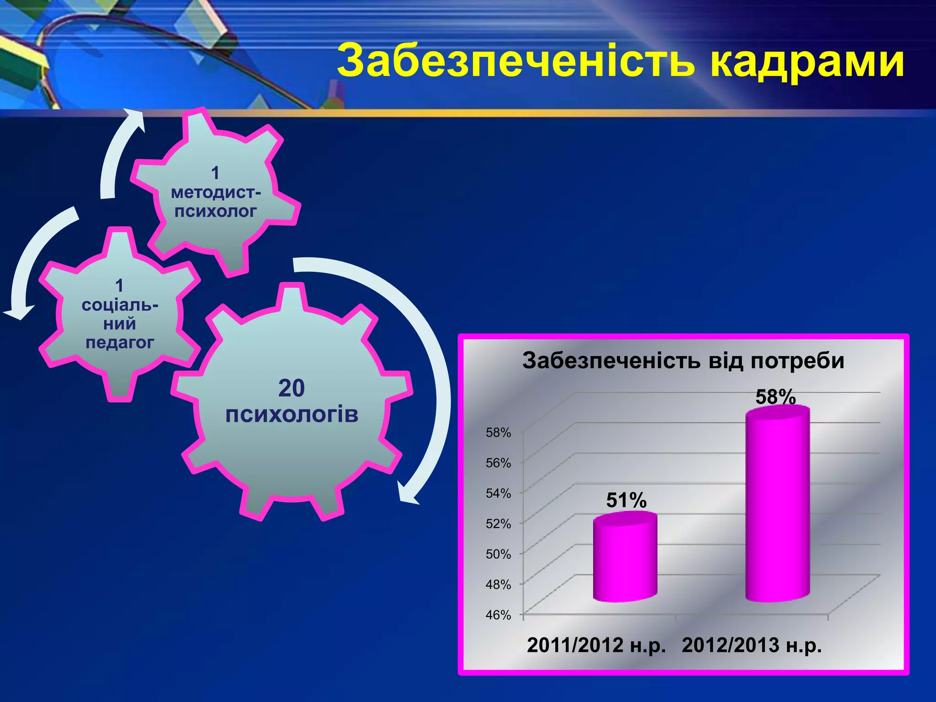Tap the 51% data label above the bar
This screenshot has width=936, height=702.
626,500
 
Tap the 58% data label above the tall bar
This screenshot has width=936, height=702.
776,397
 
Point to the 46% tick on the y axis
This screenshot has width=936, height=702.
498,615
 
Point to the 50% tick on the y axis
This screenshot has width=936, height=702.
498,554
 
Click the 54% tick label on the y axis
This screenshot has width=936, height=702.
498,493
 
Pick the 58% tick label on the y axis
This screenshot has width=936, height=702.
498,432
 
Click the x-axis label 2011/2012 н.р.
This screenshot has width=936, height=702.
596,645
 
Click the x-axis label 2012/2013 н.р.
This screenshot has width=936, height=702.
752,645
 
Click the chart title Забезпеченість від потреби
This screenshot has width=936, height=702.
683,361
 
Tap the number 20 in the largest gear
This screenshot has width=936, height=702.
291,388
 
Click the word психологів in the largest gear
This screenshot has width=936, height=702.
292,414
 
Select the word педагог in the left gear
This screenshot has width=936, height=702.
120,342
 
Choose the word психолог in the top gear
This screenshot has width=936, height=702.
216,211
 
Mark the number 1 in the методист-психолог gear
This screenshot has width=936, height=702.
215,173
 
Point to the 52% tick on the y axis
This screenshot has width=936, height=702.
498,524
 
